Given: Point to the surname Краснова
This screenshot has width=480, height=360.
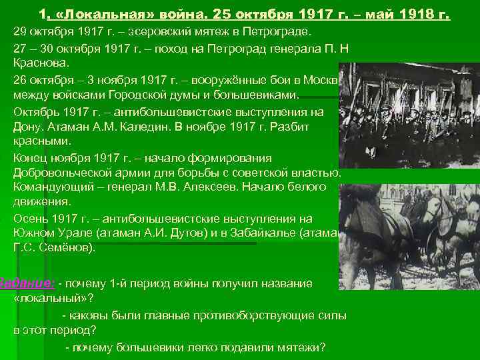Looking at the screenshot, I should (40, 63).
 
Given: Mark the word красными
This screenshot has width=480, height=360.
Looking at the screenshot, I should (42, 141).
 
